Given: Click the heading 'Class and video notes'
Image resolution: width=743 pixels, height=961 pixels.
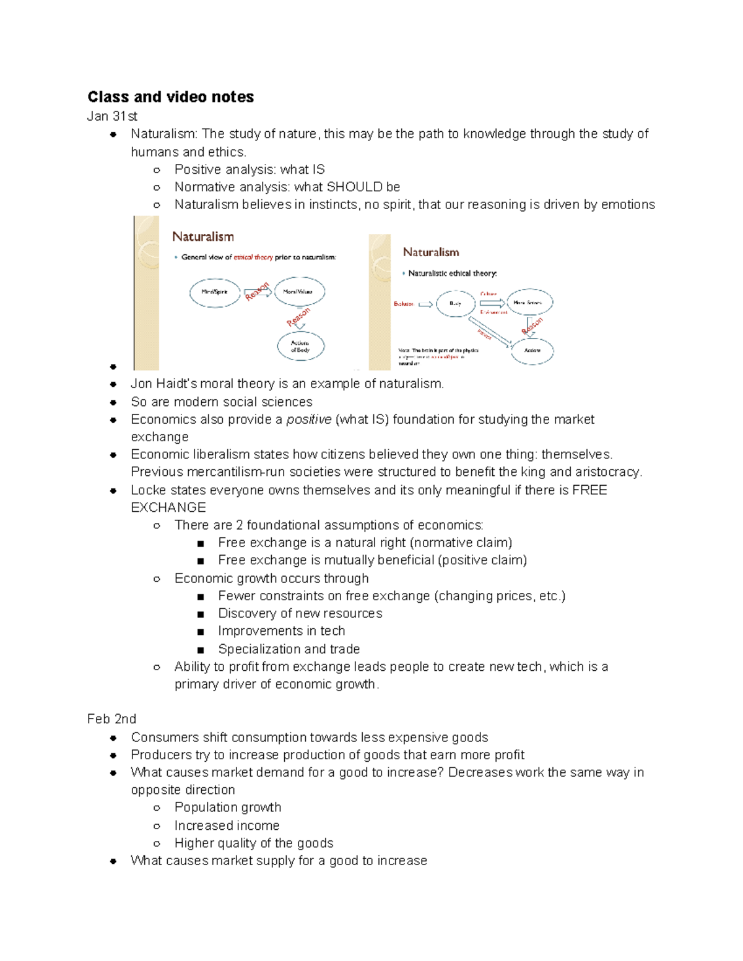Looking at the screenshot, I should coord(170,97).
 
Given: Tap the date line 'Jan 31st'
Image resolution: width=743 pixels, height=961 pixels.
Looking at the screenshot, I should coord(112,116).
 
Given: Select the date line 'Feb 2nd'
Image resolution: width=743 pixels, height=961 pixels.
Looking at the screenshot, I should coord(111,719).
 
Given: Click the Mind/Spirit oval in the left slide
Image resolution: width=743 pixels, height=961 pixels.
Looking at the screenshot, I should coord(214,291).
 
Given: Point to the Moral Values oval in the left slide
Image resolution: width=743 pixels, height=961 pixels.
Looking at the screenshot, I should coord(299,291).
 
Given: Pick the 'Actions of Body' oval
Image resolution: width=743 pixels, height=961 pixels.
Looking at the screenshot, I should coord(300,346).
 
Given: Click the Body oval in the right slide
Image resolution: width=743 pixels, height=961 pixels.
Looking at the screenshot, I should coord(456,303).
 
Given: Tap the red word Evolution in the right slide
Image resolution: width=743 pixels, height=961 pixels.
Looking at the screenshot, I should coord(403,304).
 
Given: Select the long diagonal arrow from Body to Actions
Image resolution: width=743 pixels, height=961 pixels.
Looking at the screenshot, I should coord(489,331).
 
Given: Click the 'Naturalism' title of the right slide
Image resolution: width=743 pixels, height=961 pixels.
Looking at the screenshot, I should coord(431,252).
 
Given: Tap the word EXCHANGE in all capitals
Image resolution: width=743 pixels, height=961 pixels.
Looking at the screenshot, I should coord(168,507).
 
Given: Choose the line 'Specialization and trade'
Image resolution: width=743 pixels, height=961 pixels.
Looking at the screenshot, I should coord(289,649).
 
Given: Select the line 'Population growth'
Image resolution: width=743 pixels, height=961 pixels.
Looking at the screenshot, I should coord(227,808).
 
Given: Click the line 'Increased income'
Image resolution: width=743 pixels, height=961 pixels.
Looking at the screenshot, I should coord(227,825).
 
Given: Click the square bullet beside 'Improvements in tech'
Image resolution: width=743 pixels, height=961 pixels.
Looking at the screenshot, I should coord(200,632).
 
